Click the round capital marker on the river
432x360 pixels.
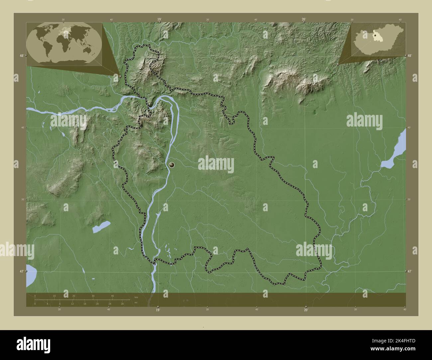click(x=172, y=164)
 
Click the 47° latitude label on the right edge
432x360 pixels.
click(x=410, y=271)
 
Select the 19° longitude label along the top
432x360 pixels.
click(x=159, y=20)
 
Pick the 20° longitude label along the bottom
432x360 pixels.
click(x=306, y=310)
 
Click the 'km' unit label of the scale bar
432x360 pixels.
click(x=136, y=297)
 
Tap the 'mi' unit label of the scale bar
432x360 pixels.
click(x=136, y=303)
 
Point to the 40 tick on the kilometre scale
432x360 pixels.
click(x=112, y=296)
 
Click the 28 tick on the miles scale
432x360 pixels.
click(x=122, y=304)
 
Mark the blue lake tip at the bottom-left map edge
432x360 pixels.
click(x=30, y=275)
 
